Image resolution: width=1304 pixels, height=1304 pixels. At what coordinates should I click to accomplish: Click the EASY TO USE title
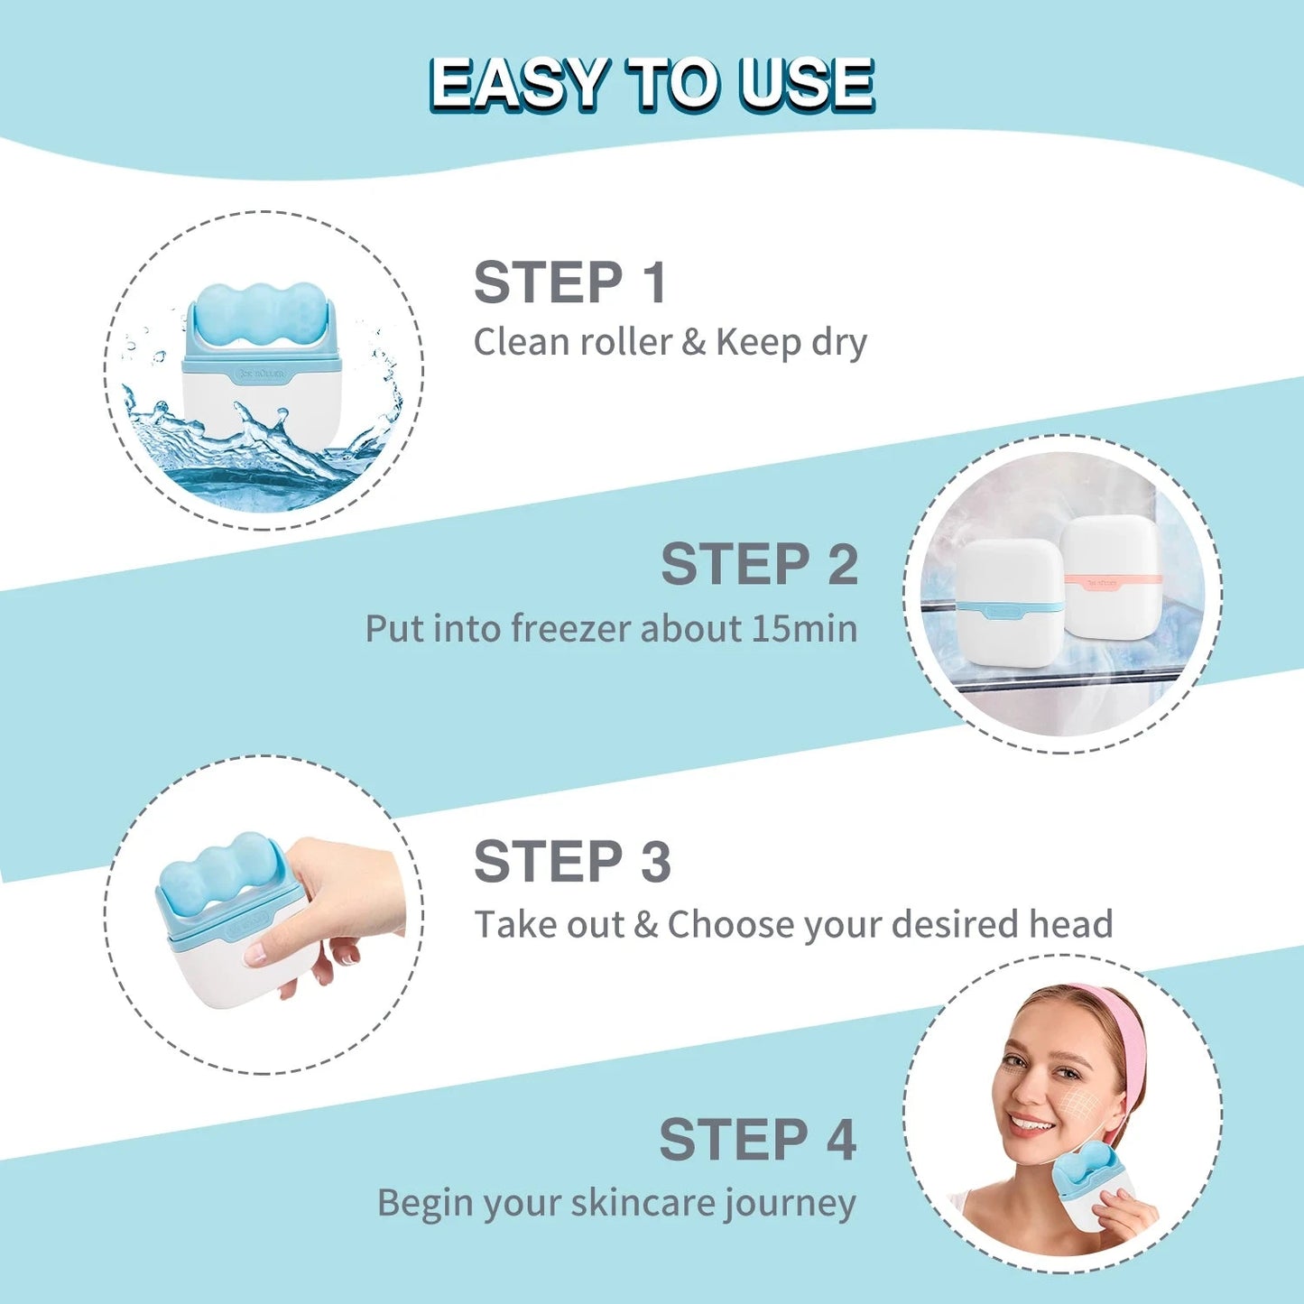pos(651,85)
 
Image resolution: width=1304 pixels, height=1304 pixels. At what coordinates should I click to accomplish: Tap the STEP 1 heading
pos(569,282)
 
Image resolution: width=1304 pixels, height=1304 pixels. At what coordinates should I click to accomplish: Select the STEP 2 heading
pos(758,565)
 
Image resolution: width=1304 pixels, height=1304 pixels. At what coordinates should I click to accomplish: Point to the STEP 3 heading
pos(572,862)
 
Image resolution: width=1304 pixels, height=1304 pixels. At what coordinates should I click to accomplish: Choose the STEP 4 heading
pos(756,1140)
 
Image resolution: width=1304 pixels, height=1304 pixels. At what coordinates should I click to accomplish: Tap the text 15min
pos(804,629)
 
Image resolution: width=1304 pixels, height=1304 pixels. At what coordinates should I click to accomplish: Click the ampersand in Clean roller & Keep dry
pos(693,343)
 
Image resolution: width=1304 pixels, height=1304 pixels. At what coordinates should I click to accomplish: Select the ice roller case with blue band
pos(1010,603)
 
